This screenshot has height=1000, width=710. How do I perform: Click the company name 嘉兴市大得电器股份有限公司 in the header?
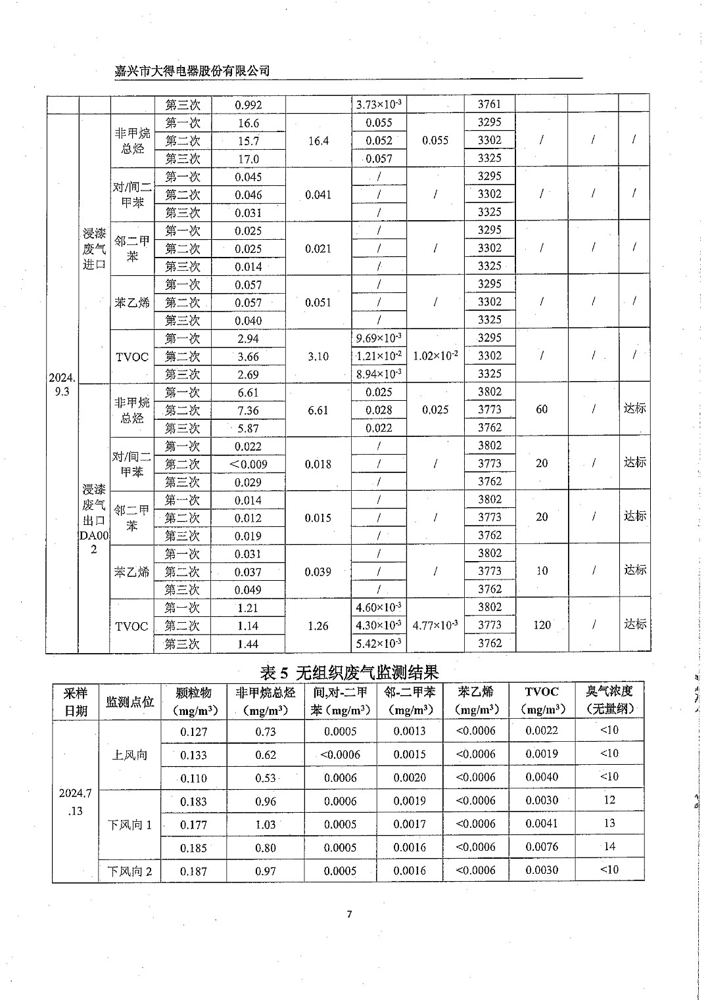(192, 71)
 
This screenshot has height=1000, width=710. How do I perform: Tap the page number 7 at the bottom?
(350, 915)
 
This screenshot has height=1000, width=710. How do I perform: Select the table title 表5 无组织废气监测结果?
(349, 672)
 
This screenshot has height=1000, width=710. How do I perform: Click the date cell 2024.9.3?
(62, 384)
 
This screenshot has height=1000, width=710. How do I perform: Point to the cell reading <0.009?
(248, 464)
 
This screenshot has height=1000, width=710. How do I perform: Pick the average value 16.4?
(318, 141)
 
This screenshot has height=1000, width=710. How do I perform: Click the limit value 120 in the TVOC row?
(542, 625)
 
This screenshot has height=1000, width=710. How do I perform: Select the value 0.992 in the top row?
(248, 104)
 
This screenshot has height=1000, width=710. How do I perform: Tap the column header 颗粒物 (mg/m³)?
(193, 701)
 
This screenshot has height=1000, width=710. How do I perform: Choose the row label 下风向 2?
(130, 871)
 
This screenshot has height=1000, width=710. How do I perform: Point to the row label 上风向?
(130, 755)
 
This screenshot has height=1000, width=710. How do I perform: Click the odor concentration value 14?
(609, 847)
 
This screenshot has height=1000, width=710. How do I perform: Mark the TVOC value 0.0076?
(542, 847)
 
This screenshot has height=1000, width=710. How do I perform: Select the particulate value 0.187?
(193, 871)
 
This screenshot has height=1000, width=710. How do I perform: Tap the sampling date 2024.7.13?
(75, 802)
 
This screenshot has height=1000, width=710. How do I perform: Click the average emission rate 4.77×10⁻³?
(435, 625)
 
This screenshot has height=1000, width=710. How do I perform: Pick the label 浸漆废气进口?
(94, 248)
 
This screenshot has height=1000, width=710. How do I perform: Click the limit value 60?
(542, 409)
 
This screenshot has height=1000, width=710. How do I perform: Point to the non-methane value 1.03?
(266, 825)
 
